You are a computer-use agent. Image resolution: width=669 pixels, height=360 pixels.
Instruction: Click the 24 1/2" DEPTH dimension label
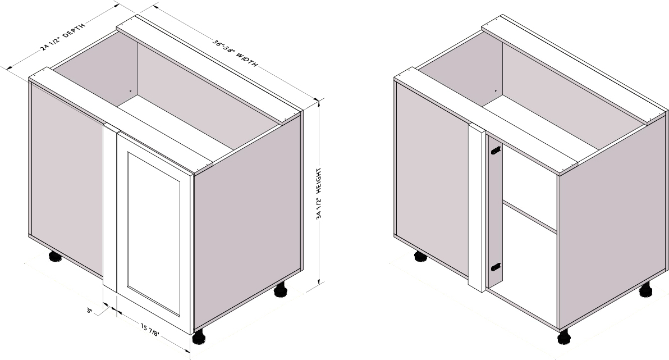tap(63, 37)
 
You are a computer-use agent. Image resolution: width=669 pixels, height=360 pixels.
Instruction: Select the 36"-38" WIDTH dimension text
tap(235, 53)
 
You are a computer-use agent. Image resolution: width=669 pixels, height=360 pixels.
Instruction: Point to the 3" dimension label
tap(90, 311)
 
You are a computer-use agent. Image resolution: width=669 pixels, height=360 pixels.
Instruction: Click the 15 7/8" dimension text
tap(150, 330)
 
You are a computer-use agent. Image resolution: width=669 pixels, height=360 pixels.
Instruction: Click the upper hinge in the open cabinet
tap(496, 151)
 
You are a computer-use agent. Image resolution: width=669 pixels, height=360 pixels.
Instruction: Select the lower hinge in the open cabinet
tap(496, 267)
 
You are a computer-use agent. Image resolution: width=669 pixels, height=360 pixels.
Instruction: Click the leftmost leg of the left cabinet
tap(55, 256)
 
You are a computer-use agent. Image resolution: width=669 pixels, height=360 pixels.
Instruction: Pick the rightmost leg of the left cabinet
tap(280, 290)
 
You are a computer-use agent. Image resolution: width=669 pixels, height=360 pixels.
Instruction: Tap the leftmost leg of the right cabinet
tap(420, 256)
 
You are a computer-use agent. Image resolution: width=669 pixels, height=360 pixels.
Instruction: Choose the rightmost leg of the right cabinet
tap(645, 290)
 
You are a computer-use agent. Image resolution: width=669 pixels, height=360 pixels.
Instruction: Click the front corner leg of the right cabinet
tap(564, 336)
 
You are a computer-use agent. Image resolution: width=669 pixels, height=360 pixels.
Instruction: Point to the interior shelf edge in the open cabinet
tap(529, 217)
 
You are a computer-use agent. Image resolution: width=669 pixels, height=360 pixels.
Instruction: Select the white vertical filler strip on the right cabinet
tap(476, 208)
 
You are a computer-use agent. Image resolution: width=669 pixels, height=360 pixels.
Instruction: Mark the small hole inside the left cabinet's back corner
tap(130, 90)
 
